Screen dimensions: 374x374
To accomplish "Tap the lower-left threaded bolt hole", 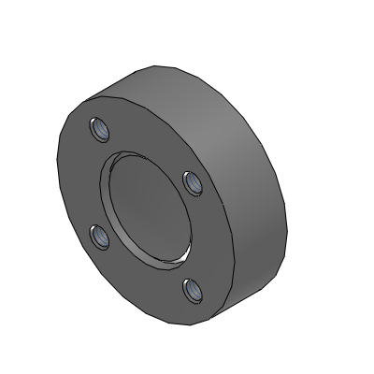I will (x=100, y=238).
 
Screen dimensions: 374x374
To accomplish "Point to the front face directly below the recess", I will (x=150, y=285).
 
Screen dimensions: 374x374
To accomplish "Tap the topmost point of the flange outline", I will (x=154, y=65).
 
